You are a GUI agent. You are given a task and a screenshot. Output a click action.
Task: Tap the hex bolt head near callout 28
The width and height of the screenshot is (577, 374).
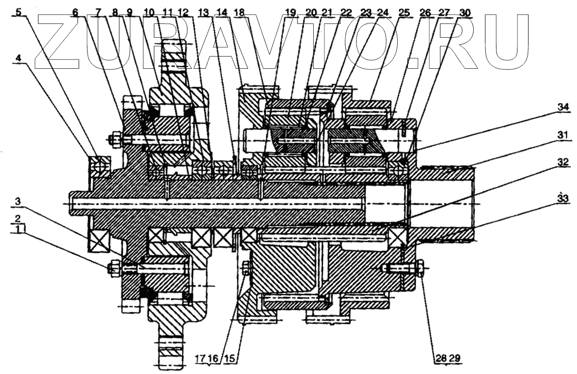pos(420,268)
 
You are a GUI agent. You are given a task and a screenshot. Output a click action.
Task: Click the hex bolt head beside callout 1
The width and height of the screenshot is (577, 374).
pos(113,268)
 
